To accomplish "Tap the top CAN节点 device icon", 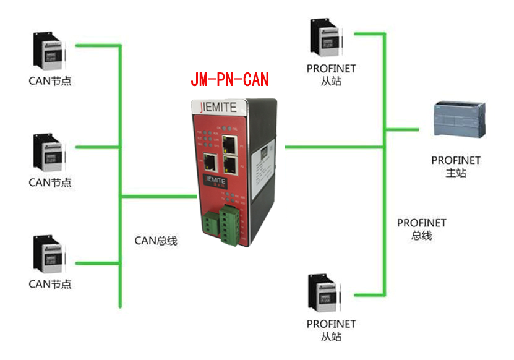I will coord(50,52).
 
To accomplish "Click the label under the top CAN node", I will coord(50,81).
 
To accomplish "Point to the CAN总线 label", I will coord(156,241).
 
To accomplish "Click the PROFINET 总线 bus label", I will coord(421,229).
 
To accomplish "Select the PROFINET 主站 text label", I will coord(456,166).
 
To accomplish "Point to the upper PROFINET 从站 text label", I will coord(331,74).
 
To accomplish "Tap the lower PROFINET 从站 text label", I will coord(331,330).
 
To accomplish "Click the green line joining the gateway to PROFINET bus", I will coord(334,147).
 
